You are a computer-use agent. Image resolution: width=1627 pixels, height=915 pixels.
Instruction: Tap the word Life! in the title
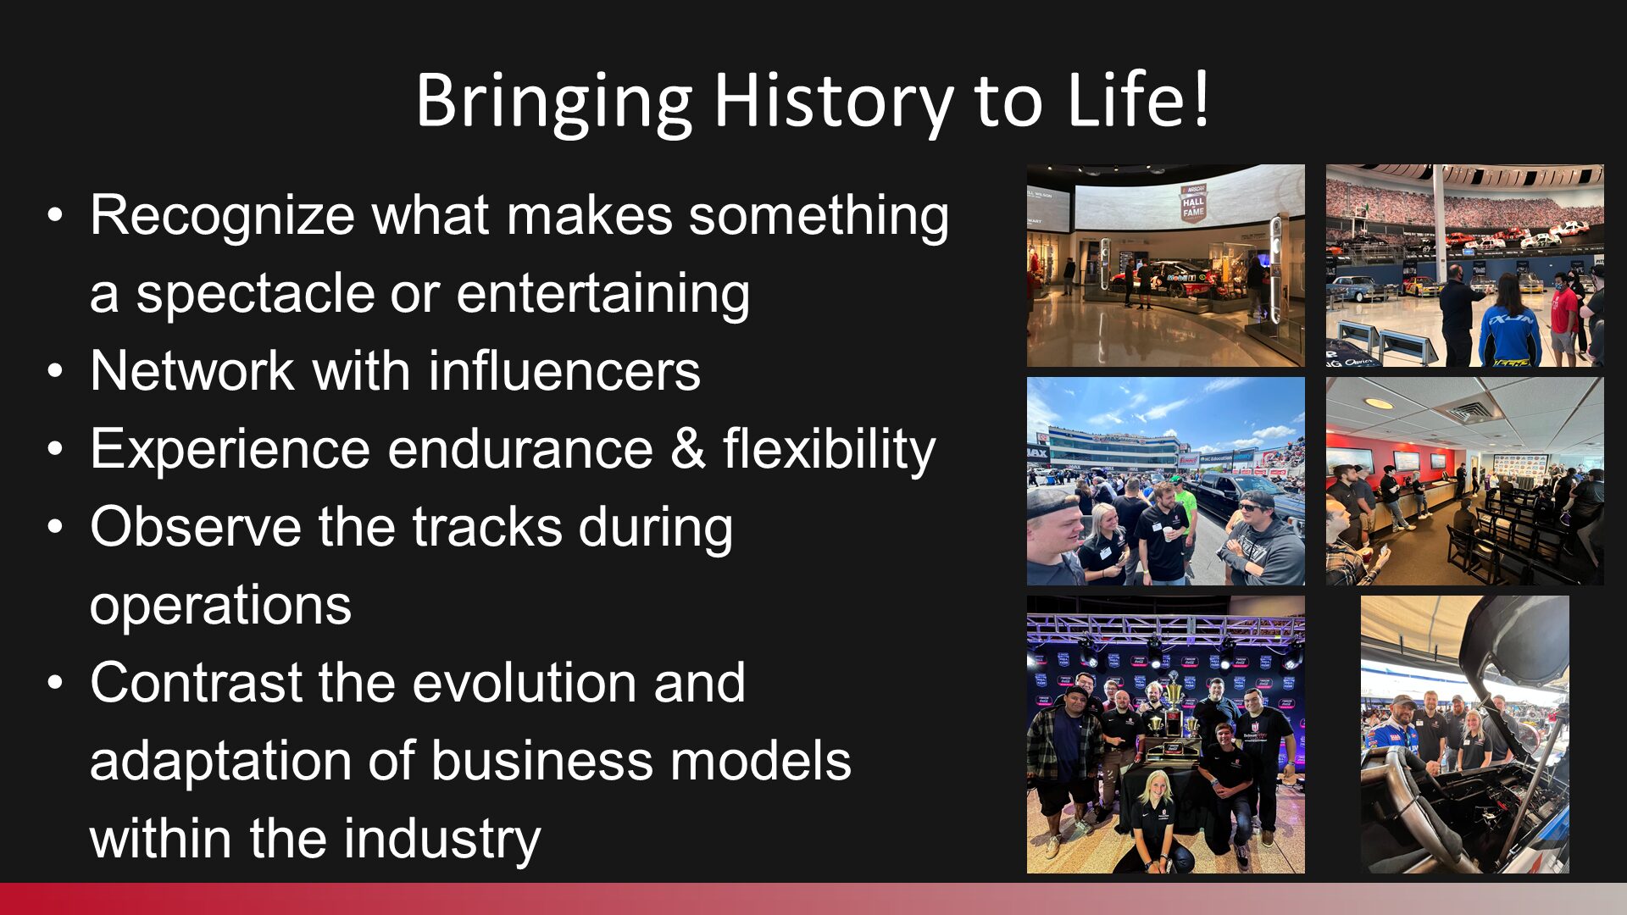click(x=1138, y=100)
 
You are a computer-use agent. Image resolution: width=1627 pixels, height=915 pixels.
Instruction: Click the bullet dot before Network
click(x=55, y=371)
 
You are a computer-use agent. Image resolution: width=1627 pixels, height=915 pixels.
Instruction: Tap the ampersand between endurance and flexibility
click(x=687, y=449)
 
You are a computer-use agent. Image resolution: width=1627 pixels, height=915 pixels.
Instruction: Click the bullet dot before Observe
click(x=55, y=527)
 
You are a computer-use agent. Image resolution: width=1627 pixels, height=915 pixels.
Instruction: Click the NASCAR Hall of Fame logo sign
click(x=1193, y=203)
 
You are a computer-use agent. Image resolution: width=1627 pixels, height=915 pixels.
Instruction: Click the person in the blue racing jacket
click(x=1509, y=322)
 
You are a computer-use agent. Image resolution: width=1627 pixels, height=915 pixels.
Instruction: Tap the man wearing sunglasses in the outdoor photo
click(x=1263, y=537)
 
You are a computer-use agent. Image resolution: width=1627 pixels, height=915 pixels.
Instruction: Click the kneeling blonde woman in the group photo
click(x=1156, y=822)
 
